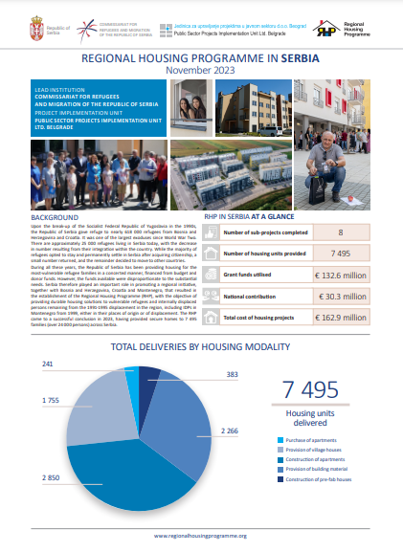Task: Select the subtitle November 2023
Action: pos(201,71)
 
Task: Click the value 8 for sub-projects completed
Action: pos(341,232)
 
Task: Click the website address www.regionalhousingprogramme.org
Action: pos(201,536)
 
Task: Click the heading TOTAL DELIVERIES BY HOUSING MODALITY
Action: pos(201,346)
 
